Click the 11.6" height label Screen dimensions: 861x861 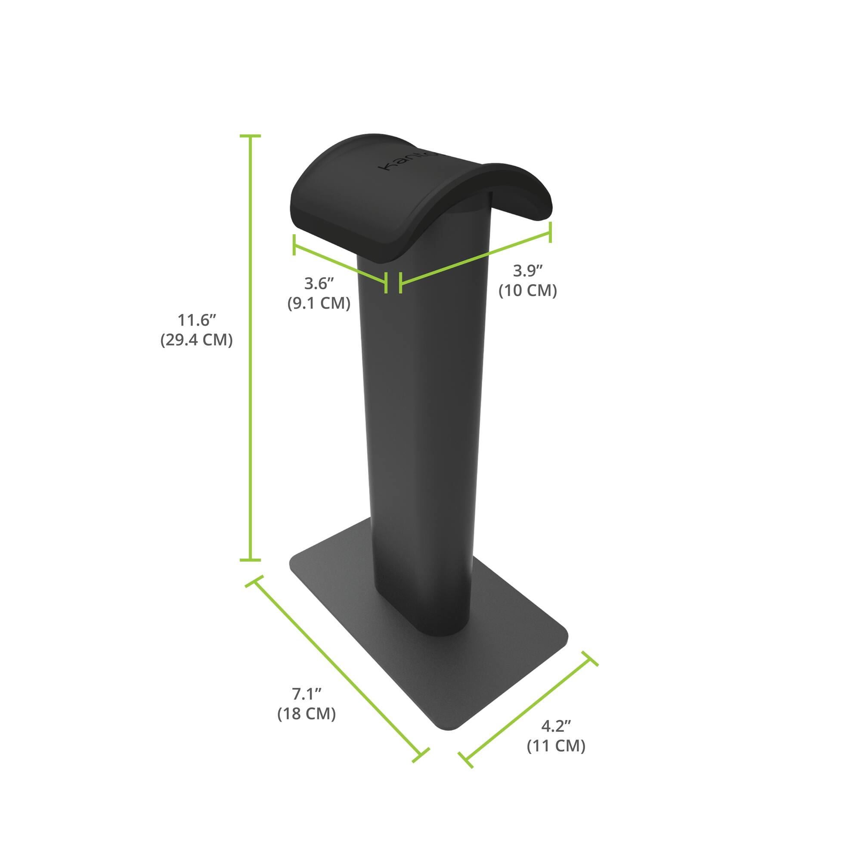tap(197, 320)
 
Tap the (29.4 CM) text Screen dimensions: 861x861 tap(197, 340)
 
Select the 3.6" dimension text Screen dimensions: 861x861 tap(319, 283)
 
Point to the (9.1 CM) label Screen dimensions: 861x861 tap(319, 303)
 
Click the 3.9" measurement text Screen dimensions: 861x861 tap(528, 270)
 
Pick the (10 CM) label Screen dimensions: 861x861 tap(528, 291)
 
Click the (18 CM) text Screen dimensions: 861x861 tap(307, 714)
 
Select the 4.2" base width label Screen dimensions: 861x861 tap(556, 726)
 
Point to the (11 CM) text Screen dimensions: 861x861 tap(556, 746)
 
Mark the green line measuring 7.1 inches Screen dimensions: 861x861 tap(337, 669)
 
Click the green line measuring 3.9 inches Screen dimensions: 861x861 tap(475, 257)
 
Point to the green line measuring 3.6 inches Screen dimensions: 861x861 tap(340, 263)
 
